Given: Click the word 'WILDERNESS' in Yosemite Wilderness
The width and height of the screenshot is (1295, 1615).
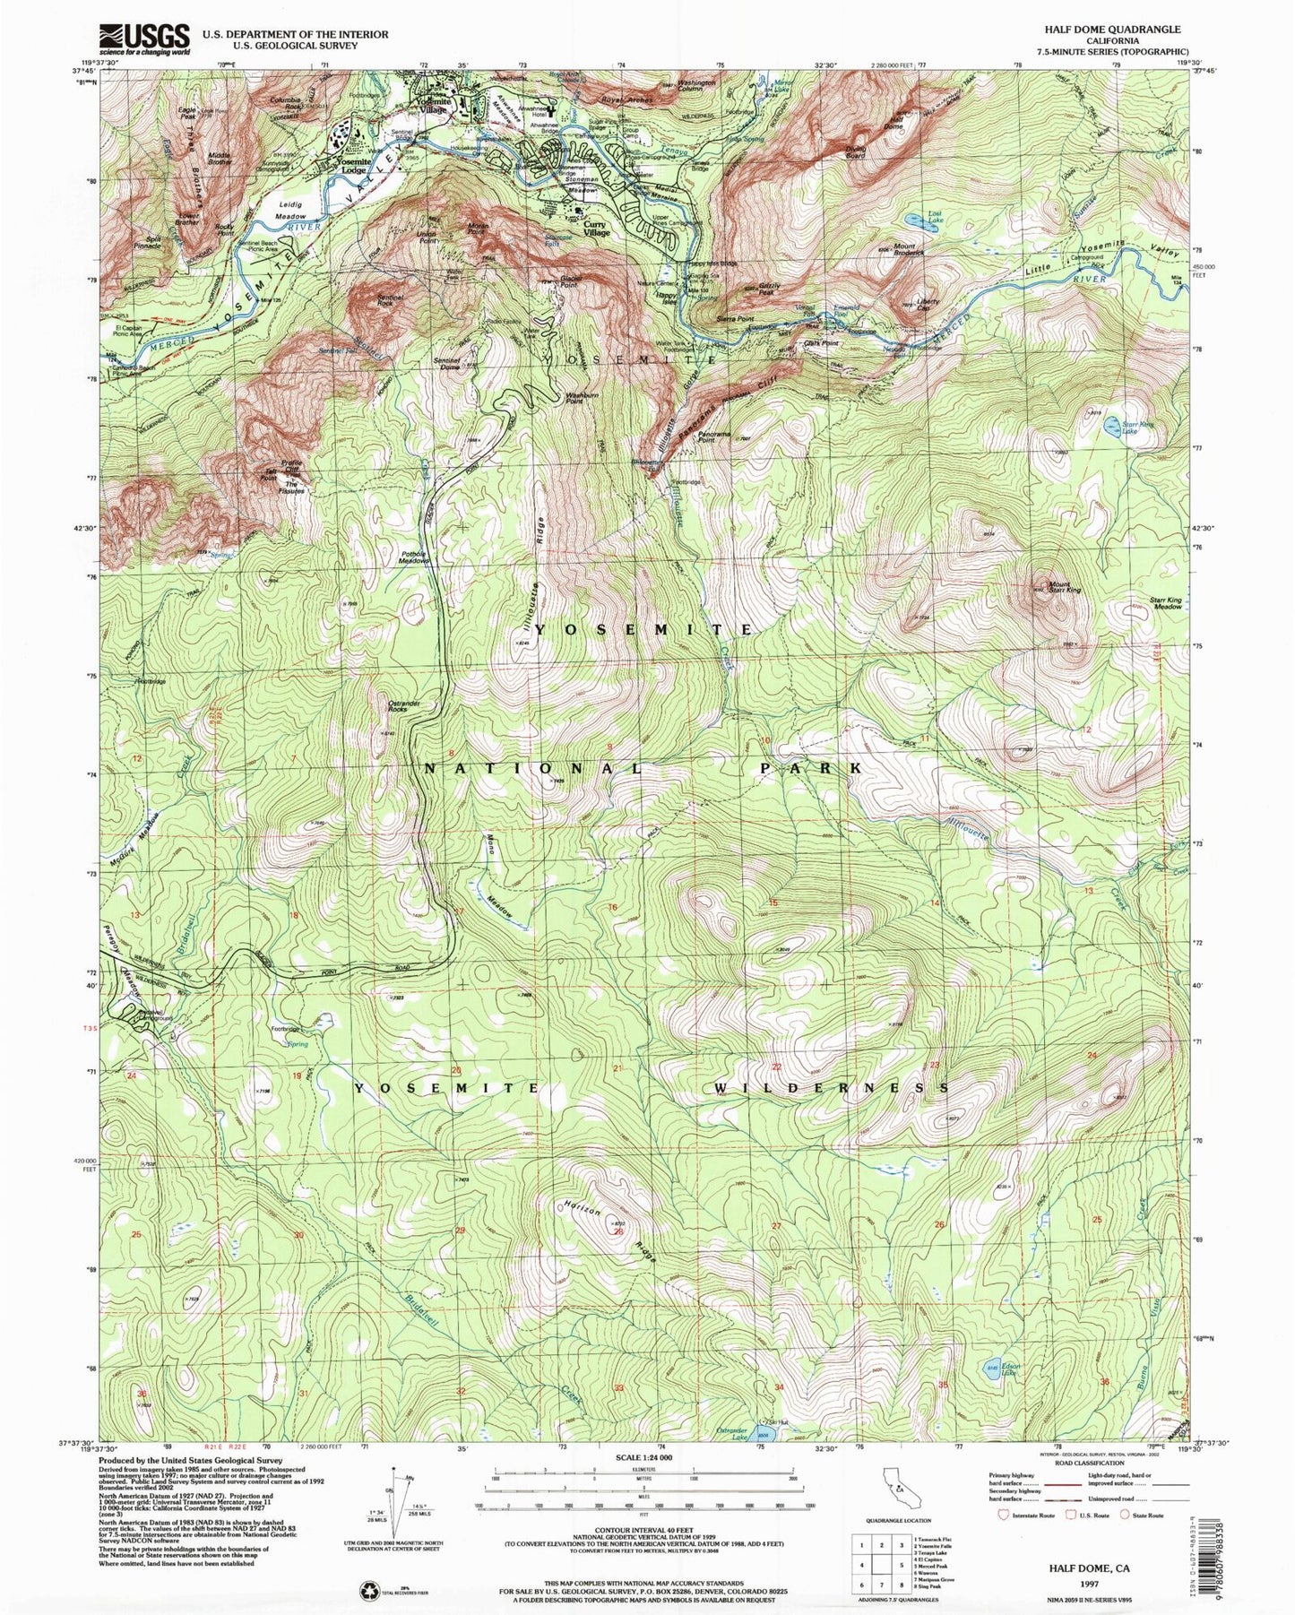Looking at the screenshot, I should pos(832,1088).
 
